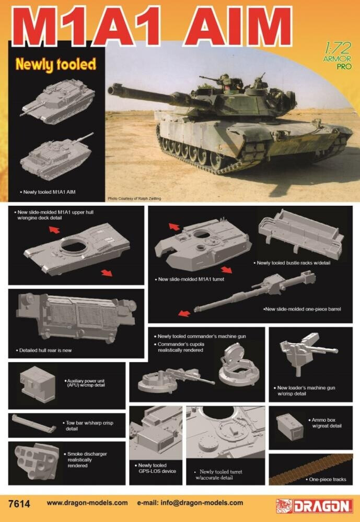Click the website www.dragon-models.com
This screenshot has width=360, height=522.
click(87, 503)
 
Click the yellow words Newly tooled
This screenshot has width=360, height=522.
click(55, 65)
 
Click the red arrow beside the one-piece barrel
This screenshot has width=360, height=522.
click(183, 313)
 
